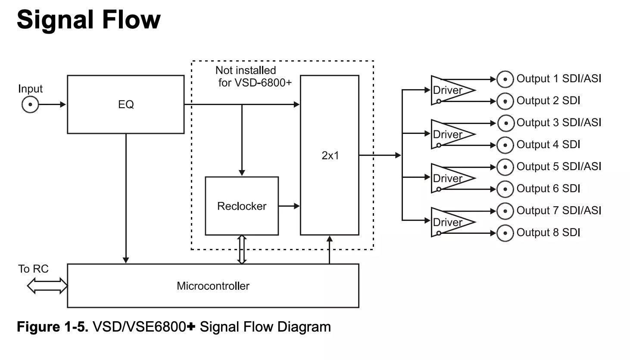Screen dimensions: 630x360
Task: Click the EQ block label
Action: pyautogui.click(x=126, y=105)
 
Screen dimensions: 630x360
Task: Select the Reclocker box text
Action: pyautogui.click(x=242, y=206)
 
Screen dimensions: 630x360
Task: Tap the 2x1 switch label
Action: pyautogui.click(x=330, y=155)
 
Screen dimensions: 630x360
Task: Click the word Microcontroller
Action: pyautogui.click(x=213, y=286)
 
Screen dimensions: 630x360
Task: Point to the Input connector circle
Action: pyautogui.click(x=30, y=105)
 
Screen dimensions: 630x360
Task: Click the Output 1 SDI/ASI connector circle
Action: pyautogui.click(x=505, y=79)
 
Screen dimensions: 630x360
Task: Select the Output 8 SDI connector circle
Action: pyautogui.click(x=505, y=233)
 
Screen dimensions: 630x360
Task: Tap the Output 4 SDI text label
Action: pyautogui.click(x=548, y=144)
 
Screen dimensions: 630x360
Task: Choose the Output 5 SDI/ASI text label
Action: pyautogui.click(x=559, y=166)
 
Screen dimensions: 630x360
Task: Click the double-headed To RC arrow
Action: pyautogui.click(x=47, y=286)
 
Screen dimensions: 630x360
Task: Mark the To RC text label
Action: pyautogui.click(x=33, y=269)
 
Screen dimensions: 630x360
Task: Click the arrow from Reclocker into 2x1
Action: pyautogui.click(x=289, y=206)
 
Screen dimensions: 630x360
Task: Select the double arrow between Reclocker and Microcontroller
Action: pyautogui.click(x=242, y=250)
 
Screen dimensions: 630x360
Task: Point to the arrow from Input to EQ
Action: pyautogui.click(x=52, y=105)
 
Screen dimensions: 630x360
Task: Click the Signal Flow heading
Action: pyautogui.click(x=89, y=20)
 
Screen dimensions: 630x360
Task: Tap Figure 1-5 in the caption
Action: pyautogui.click(x=53, y=327)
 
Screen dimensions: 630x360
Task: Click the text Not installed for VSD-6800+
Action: pyautogui.click(x=253, y=77)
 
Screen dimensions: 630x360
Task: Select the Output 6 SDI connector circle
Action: pyautogui.click(x=505, y=189)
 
